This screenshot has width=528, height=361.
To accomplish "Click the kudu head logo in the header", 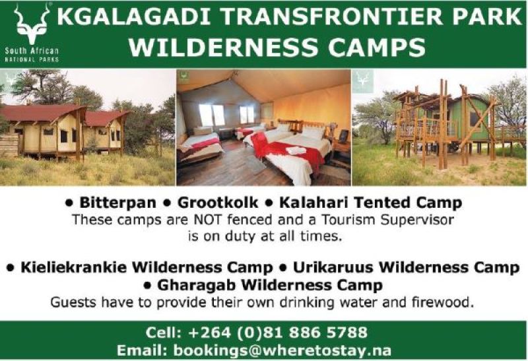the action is click(31, 24).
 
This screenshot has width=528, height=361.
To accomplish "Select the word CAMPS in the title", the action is click(377, 47).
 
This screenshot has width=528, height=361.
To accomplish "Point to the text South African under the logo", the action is click(32, 51).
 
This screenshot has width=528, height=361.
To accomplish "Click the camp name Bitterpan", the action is click(117, 203).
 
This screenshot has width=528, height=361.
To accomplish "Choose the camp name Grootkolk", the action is click(218, 203).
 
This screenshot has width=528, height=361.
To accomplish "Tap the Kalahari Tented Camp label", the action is click(370, 203).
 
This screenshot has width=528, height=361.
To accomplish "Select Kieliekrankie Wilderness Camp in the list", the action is click(147, 267).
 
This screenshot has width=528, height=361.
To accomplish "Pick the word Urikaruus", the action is click(333, 267).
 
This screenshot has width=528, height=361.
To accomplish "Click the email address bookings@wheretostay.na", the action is click(282, 350).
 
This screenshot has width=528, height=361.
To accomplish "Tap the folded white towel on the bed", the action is click(296, 150).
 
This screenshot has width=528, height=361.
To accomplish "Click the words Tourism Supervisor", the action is click(387, 220).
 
